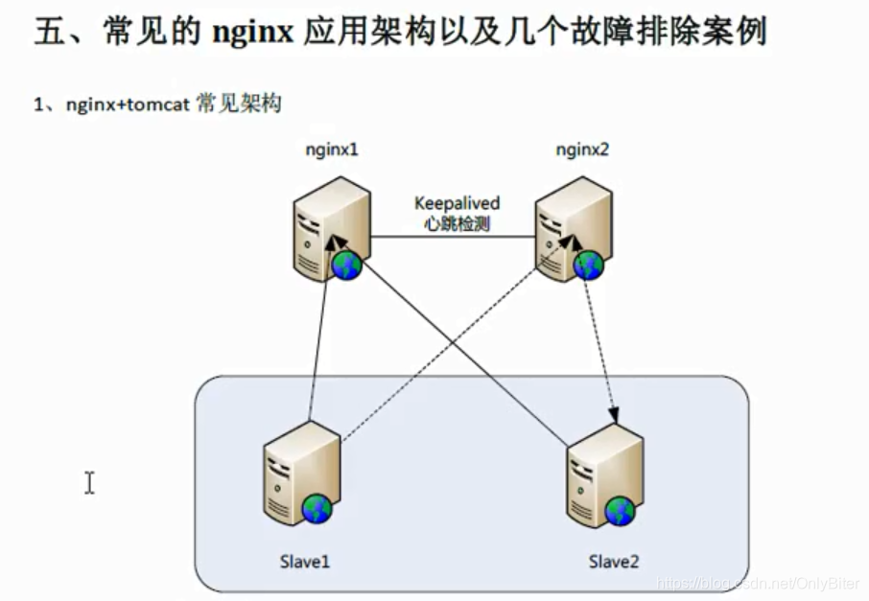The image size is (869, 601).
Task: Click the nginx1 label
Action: coord(331,150)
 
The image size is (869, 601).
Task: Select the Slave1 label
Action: coord(305,562)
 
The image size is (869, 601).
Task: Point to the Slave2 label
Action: coord(614,562)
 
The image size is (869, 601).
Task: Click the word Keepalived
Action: coord(458,203)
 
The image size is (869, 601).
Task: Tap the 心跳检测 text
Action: coord(458,224)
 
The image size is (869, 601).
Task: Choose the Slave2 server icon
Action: coord(600,474)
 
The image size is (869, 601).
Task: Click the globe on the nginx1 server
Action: coord(346,266)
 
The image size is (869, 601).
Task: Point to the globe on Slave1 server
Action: coord(317,510)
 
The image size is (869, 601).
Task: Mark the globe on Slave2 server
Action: coord(619,512)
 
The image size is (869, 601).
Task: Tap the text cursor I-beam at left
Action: coord(89,482)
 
